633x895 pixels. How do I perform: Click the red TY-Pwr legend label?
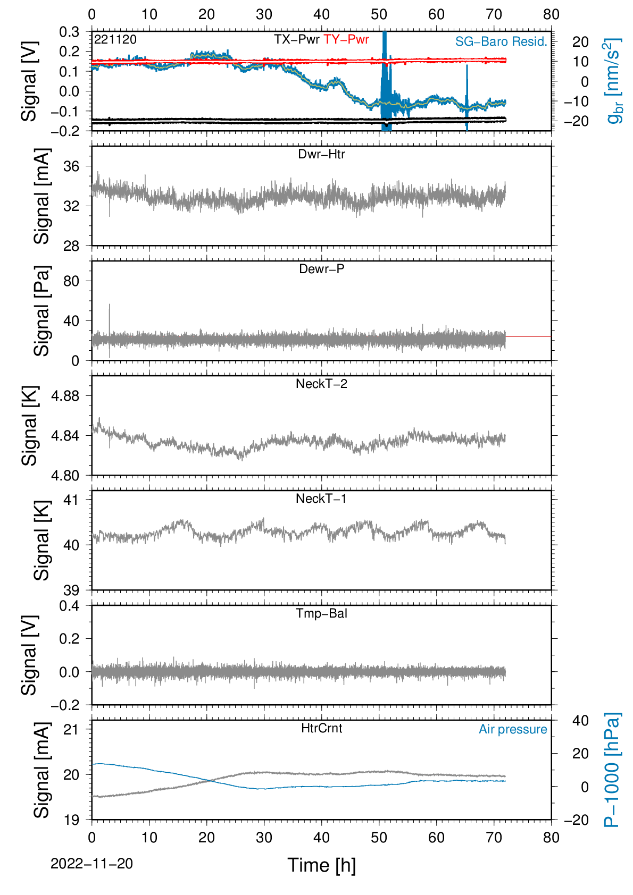tap(346, 39)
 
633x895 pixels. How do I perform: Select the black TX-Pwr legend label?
tap(296, 39)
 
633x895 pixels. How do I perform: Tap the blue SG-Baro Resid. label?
tap(501, 41)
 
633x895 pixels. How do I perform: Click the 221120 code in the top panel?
tap(115, 39)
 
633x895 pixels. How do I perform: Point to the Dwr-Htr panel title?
tap(321, 154)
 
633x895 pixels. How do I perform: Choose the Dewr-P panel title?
tap(321, 269)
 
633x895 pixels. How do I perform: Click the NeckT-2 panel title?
tap(321, 384)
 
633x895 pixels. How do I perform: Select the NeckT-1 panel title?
tap(321, 498)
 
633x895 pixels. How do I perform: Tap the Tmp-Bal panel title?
tap(321, 613)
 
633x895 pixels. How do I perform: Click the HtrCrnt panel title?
tap(321, 728)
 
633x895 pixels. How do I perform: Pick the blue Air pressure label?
tap(513, 730)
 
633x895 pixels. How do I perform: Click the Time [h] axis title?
tap(321, 865)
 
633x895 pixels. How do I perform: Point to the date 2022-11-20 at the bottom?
tap(91, 864)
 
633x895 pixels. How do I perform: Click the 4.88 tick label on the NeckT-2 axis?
tap(65, 396)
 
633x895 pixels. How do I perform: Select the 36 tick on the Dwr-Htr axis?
tap(71, 166)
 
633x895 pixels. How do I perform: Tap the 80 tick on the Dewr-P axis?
tap(71, 281)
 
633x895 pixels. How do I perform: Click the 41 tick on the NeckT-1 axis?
tap(71, 500)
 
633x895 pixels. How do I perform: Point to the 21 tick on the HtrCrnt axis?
tap(71, 729)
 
